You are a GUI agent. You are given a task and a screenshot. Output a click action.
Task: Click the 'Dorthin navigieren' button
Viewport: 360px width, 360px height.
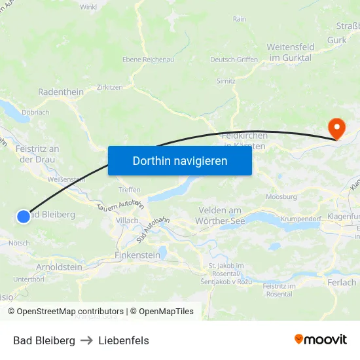[x=180, y=160]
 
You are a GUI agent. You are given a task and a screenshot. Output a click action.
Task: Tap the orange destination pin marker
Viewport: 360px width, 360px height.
[x=337, y=128]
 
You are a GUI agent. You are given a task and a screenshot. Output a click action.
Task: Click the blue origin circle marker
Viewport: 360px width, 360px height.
[x=23, y=216]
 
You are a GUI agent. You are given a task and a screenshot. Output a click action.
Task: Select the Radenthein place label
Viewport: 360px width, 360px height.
[x=61, y=92]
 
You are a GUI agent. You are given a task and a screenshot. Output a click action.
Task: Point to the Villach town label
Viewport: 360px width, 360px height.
[x=127, y=221]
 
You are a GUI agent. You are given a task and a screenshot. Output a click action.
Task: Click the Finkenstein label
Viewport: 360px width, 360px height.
[x=137, y=254]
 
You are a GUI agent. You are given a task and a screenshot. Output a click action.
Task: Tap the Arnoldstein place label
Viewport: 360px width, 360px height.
[x=59, y=267]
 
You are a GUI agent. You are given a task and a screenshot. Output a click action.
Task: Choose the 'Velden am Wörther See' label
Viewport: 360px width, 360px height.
[x=219, y=216]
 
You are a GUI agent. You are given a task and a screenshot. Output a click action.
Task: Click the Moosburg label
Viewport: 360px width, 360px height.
[x=281, y=196]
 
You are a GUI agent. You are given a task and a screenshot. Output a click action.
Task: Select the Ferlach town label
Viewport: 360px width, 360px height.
[x=343, y=283]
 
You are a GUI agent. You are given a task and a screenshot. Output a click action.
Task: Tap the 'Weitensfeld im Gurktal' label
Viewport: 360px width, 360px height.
[x=291, y=52]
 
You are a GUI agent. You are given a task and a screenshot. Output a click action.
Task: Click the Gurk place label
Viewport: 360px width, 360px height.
[x=336, y=40]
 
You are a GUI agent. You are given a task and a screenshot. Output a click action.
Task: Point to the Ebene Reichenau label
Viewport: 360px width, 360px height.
[x=148, y=60]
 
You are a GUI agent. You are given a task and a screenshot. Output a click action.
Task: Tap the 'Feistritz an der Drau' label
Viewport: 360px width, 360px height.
[x=37, y=154]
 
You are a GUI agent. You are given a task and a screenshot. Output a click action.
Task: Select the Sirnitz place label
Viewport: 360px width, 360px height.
[x=226, y=81]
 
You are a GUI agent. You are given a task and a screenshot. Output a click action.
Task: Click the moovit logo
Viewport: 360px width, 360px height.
[x=321, y=339]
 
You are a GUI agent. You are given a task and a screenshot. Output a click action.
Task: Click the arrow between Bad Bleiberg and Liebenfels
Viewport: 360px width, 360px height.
[x=87, y=340]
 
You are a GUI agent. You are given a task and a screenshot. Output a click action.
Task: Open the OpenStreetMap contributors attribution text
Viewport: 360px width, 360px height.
[x=70, y=312]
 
